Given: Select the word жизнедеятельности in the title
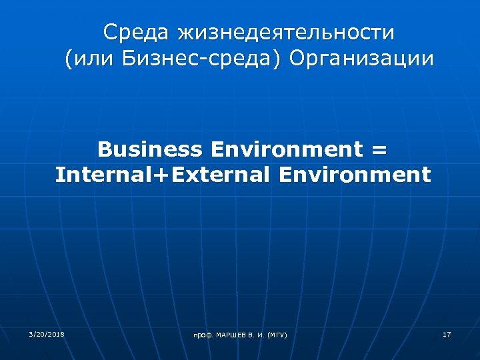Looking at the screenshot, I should click(x=285, y=32).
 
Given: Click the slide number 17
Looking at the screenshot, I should click(x=447, y=333).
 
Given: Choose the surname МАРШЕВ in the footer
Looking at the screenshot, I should click(x=230, y=335).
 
